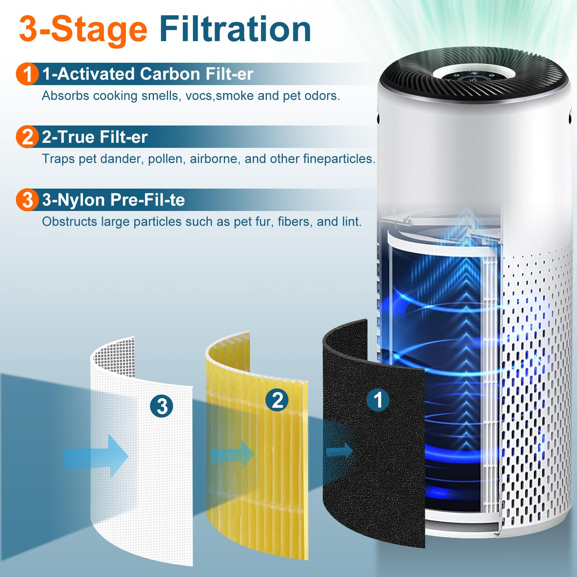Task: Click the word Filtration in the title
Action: coord(235,30)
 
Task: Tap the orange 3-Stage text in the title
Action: coord(83,30)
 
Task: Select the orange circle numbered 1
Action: coord(27,74)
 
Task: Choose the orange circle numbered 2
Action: coord(27,137)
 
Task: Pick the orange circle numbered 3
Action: coord(27,200)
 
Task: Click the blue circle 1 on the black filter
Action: coord(378,400)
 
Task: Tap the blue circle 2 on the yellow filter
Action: coord(277,400)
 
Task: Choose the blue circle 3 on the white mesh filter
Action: coord(162,406)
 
